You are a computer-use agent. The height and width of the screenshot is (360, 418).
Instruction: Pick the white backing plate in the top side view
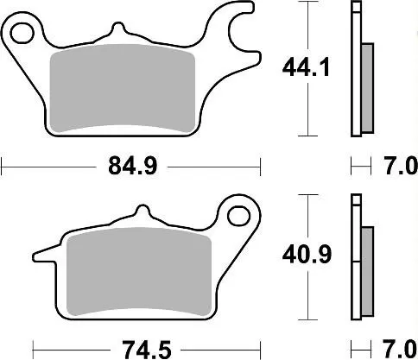355,69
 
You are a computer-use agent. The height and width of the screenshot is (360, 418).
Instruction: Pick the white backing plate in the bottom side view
355,259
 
